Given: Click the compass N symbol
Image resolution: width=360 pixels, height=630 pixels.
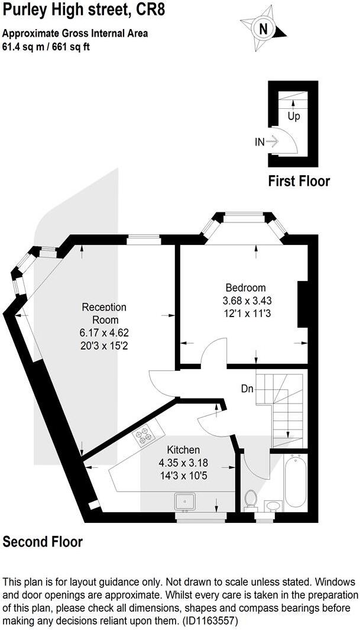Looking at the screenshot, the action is tap(264, 27).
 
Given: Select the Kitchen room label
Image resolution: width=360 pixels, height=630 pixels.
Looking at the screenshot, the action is tap(183, 450).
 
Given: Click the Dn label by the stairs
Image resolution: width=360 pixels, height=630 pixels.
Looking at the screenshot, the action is tap(248, 389).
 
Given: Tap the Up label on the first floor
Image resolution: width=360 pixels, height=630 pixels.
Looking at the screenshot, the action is tap(294, 116).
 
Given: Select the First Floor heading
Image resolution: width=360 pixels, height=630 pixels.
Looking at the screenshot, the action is tap(299, 181).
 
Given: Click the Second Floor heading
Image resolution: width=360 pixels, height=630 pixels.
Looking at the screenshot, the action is tap(43, 541).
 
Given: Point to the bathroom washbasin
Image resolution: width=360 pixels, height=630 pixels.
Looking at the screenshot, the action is tap(273, 505).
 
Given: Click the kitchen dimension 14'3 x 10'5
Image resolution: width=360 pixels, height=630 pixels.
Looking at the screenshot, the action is tap(183, 474).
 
